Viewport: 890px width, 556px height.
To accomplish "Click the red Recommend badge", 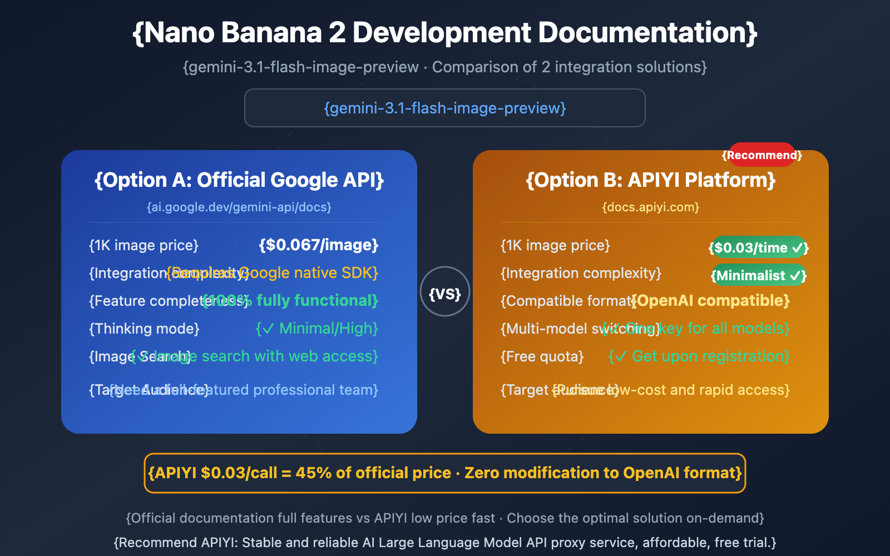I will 762,155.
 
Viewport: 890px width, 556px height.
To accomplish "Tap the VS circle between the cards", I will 445,292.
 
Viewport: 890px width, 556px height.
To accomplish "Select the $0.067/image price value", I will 319,245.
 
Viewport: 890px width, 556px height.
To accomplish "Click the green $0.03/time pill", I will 759,247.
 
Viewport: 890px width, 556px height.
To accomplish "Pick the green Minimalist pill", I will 759,275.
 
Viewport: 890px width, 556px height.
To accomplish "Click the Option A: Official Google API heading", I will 239,180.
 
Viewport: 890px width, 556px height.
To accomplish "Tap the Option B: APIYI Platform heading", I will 651,180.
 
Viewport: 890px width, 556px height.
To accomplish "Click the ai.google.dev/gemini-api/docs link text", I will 239,207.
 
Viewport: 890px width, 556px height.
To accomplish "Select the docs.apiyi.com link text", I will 651,207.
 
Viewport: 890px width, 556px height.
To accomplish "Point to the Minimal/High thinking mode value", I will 317,329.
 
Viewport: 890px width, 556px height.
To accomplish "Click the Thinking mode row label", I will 144,329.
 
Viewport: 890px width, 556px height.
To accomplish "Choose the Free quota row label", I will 542,356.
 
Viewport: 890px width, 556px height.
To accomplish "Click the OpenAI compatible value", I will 712,301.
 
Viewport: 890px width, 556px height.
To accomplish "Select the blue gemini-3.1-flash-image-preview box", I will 445,108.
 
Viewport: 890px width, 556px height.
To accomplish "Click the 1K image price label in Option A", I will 144,245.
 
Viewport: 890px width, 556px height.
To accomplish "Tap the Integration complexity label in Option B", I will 581,273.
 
